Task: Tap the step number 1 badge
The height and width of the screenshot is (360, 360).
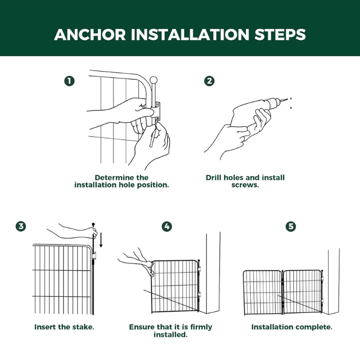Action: click(x=69, y=81)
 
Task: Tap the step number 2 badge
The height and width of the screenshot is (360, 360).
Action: click(x=209, y=81)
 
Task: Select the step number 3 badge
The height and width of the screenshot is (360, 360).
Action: click(x=21, y=226)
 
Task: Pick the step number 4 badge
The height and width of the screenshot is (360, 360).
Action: click(x=167, y=226)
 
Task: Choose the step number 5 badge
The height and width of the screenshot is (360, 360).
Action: click(x=291, y=226)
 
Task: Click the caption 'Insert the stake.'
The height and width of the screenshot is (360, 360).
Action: click(x=64, y=327)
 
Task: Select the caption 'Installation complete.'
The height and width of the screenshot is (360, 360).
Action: click(x=292, y=327)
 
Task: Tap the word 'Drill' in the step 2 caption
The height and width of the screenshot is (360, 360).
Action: click(x=215, y=177)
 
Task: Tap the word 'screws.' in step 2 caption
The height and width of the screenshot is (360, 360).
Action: click(x=245, y=185)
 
